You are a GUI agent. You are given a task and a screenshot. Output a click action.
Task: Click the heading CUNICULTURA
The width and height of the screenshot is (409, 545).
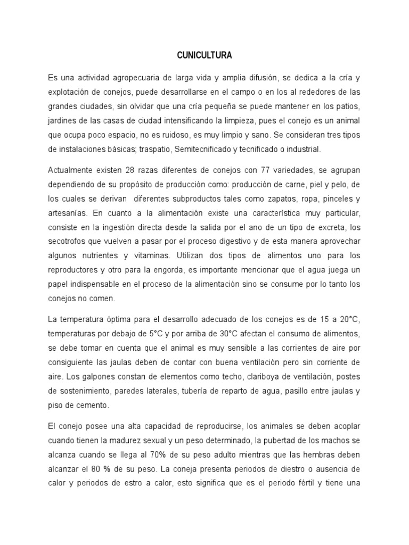(x=204, y=55)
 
